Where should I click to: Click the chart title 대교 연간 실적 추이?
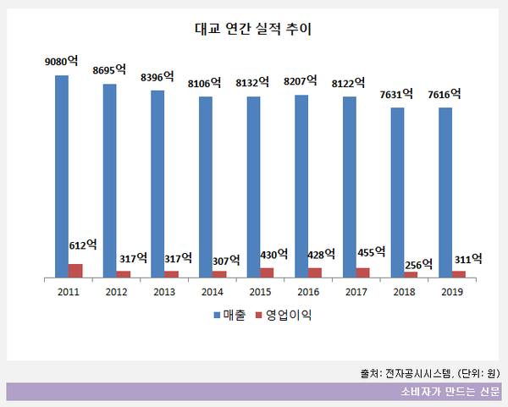tap(254, 29)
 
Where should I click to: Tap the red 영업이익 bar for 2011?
tap(76, 270)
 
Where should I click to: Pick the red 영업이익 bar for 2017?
tap(363, 272)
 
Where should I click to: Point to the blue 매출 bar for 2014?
tap(206, 186)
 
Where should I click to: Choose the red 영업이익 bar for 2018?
tap(411, 273)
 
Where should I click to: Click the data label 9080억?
tap(62, 62)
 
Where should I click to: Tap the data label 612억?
tap(82, 245)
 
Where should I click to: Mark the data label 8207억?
tap(301, 81)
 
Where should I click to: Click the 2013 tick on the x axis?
tap(164, 291)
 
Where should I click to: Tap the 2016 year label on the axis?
tap(308, 291)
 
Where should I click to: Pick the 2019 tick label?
tap(452, 291)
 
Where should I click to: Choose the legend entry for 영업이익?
tap(284, 316)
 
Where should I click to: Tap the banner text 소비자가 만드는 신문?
tap(450, 392)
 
